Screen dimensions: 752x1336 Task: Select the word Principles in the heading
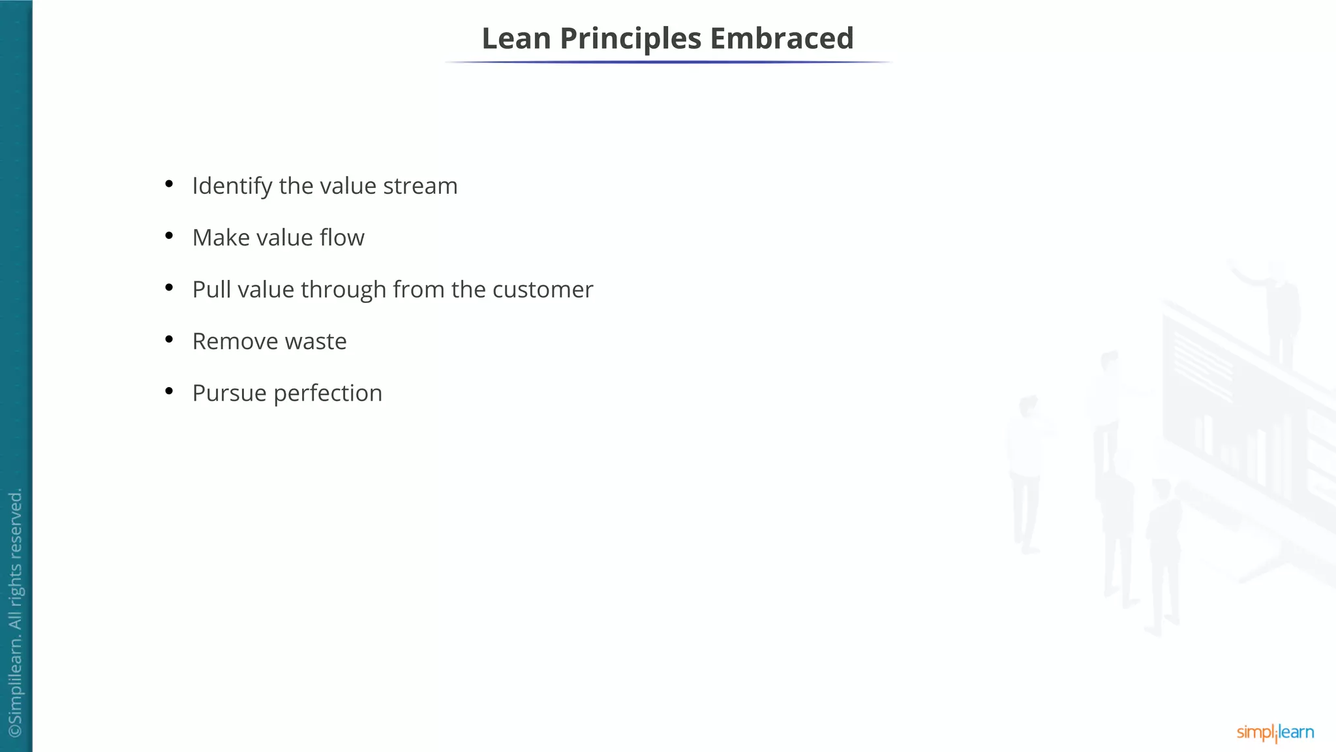click(x=630, y=39)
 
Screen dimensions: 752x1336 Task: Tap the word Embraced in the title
click(x=782, y=39)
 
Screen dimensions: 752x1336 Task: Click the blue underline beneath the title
click(x=668, y=62)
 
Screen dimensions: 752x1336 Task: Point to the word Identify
click(x=232, y=186)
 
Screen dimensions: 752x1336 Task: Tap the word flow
click(x=342, y=238)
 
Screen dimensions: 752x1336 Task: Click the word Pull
click(x=211, y=289)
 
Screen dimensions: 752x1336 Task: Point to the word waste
click(x=316, y=341)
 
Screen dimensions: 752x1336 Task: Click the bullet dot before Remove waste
click(x=169, y=339)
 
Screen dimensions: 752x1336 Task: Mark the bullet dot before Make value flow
click(x=169, y=235)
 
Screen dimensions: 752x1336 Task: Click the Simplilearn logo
click(x=1275, y=732)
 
